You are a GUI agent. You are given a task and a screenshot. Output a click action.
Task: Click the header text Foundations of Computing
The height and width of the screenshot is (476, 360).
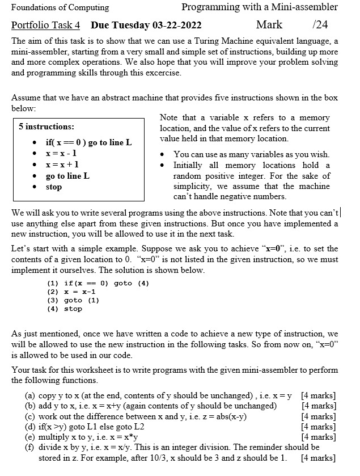point(61,7)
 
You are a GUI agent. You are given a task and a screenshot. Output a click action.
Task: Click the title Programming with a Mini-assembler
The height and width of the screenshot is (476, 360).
point(260,7)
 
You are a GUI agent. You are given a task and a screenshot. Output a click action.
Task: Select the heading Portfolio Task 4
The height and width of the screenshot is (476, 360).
point(46,26)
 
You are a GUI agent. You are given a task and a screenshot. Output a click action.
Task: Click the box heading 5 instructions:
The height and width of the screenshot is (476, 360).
point(46,127)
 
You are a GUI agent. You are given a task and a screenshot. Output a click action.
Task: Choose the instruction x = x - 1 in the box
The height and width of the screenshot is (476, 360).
point(61,153)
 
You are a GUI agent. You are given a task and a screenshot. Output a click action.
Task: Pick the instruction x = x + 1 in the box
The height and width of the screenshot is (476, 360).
point(61,165)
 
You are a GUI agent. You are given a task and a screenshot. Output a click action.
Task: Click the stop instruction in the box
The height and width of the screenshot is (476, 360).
point(54,187)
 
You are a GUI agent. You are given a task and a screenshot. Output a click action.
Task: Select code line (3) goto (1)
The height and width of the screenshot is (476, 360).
point(73,300)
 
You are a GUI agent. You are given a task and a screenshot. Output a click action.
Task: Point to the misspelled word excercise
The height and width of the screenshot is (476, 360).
point(162,73)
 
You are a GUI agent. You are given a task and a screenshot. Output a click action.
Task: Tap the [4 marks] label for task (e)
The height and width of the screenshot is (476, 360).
point(319,437)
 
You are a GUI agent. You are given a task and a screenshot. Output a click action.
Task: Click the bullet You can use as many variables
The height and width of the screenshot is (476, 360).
point(251,154)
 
